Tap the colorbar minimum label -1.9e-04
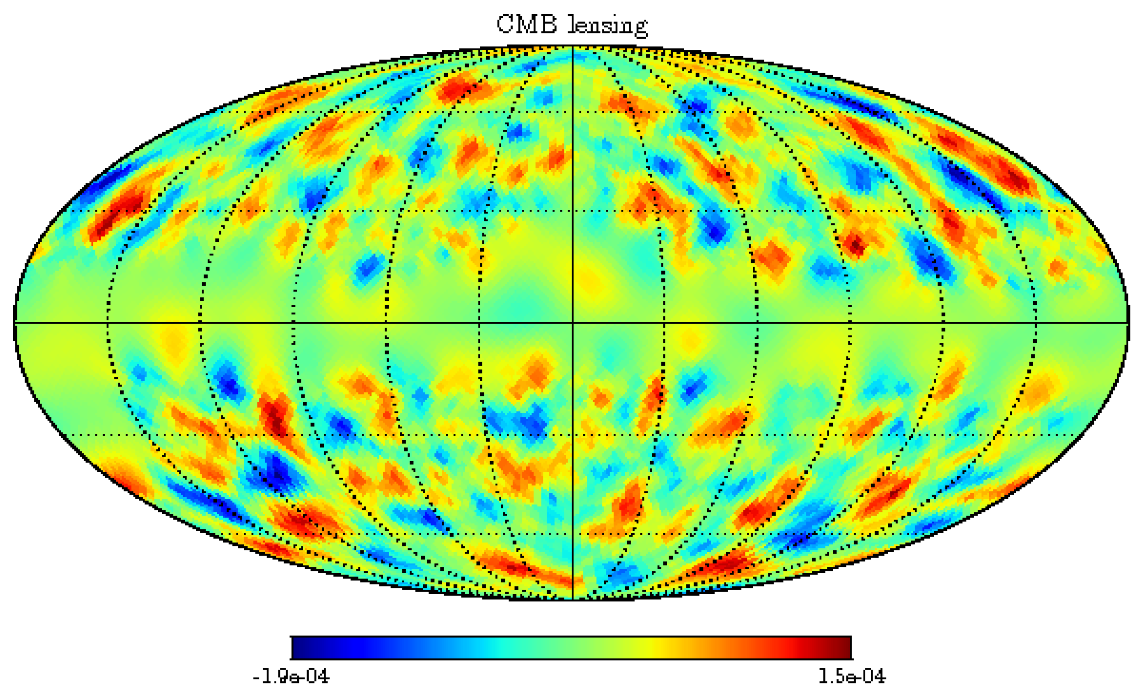[290, 677]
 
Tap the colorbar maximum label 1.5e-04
[852, 677]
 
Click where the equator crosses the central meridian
[573, 322]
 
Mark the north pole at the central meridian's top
[573, 46]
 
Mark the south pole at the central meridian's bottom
[573, 599]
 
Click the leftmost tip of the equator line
[15, 322]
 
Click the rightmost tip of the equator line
[1128, 322]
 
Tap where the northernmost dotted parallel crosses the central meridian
[573, 112]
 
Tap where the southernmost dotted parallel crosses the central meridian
[573, 534]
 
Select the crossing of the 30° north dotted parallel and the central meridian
[573, 211]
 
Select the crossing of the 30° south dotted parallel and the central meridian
[573, 435]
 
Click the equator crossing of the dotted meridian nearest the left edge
[107, 322]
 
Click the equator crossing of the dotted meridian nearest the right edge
[1036, 322]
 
